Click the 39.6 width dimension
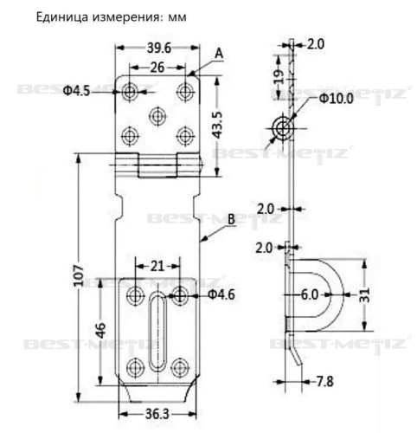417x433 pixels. click(x=159, y=48)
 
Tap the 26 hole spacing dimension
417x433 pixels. click(x=157, y=68)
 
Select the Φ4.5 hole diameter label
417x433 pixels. click(x=76, y=91)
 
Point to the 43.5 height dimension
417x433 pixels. click(x=217, y=125)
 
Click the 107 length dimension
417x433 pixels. click(x=79, y=275)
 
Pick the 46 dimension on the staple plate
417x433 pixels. click(x=100, y=331)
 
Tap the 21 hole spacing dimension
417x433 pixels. click(x=157, y=266)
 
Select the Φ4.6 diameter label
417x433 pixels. click(x=221, y=294)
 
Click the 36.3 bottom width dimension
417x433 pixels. click(x=157, y=415)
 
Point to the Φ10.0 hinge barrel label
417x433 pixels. click(x=336, y=99)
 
